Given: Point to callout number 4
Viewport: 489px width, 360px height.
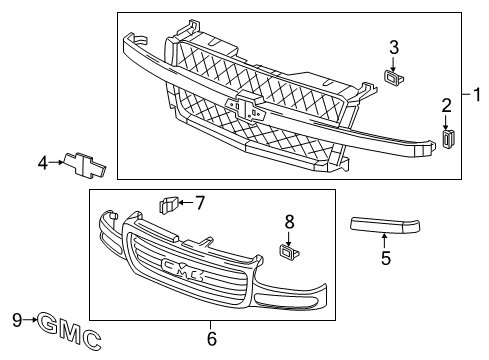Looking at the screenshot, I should pyautogui.click(x=44, y=162).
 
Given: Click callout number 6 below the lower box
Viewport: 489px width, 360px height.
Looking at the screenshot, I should pyautogui.click(x=211, y=339).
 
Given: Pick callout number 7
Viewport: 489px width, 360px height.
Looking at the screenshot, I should pyautogui.click(x=200, y=203).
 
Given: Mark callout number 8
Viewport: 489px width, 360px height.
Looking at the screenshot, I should pyautogui.click(x=289, y=221).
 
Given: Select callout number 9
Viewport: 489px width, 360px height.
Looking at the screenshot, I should pyautogui.click(x=16, y=320).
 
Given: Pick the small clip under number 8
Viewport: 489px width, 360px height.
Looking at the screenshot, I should pyautogui.click(x=288, y=251).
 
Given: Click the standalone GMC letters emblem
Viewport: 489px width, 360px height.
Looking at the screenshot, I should pyautogui.click(x=68, y=330).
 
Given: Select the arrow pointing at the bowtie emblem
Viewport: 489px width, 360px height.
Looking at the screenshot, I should pyautogui.click(x=56, y=162).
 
